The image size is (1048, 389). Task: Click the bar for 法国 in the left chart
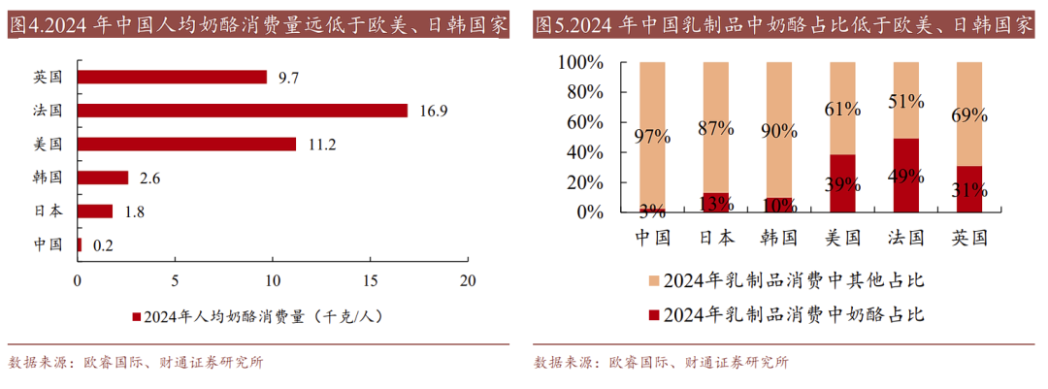pyautogui.click(x=243, y=111)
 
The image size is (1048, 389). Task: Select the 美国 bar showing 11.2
pyautogui.click(x=186, y=145)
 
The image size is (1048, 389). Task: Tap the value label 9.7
pyautogui.click(x=287, y=77)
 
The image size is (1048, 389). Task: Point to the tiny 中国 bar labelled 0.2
pyautogui.click(x=80, y=244)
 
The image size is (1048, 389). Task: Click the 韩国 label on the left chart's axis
pyautogui.click(x=48, y=178)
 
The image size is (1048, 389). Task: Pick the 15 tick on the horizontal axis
pyautogui.click(x=371, y=281)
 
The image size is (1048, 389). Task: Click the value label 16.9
pyautogui.click(x=433, y=111)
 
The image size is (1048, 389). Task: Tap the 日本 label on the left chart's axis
pyautogui.click(x=48, y=211)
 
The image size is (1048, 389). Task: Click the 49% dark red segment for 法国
pyautogui.click(x=906, y=176)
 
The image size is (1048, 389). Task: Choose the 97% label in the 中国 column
pyautogui.click(x=652, y=137)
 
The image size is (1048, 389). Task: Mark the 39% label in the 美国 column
pyautogui.click(x=842, y=184)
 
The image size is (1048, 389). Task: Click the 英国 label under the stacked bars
pyautogui.click(x=969, y=237)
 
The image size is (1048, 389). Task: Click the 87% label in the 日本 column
pyautogui.click(x=715, y=128)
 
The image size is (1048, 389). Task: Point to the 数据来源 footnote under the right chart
pyautogui.click(x=661, y=363)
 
